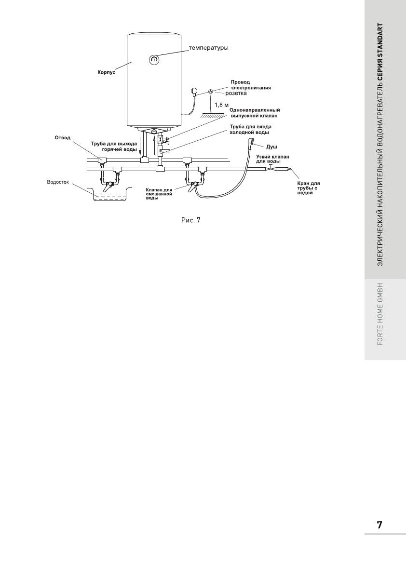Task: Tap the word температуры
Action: click(208, 48)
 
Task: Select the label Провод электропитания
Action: click(250, 85)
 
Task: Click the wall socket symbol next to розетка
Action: click(211, 91)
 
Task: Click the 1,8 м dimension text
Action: click(221, 105)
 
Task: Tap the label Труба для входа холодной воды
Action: click(250, 129)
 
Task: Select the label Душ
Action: click(272, 146)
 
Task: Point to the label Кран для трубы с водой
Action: click(308, 188)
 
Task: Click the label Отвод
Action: click(62, 138)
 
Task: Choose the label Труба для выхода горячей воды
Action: click(114, 146)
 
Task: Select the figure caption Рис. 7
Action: click(190, 221)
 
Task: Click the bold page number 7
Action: click(379, 525)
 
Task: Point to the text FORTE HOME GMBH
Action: click(380, 313)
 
